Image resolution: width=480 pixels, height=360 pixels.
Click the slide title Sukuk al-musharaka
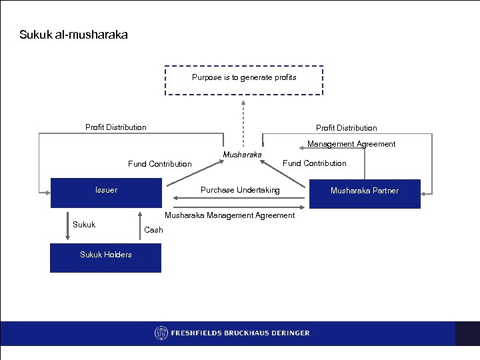click(73, 34)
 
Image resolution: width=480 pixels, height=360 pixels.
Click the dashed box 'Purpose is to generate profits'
click(244, 81)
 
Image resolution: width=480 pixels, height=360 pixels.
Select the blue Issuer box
click(106, 193)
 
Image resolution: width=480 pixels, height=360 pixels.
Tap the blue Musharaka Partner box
click(365, 193)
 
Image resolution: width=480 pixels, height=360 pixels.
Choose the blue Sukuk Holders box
click(105, 257)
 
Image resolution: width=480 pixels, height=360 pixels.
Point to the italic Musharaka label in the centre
click(242, 155)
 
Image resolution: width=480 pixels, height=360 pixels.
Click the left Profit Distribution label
click(115, 127)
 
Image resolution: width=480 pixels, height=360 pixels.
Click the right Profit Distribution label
click(346, 128)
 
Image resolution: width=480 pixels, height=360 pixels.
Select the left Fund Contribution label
click(159, 164)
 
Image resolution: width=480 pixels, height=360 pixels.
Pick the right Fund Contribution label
click(315, 163)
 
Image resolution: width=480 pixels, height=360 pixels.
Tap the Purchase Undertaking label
click(240, 191)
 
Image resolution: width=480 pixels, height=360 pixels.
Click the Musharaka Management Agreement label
click(229, 215)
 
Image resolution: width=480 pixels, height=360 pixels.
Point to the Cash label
click(153, 230)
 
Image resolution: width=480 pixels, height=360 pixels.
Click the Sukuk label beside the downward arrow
click(84, 225)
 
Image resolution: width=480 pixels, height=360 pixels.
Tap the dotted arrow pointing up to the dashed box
click(244, 123)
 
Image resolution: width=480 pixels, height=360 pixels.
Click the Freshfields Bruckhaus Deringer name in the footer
click(241, 333)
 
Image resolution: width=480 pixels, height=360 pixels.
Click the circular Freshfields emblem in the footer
click(161, 333)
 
